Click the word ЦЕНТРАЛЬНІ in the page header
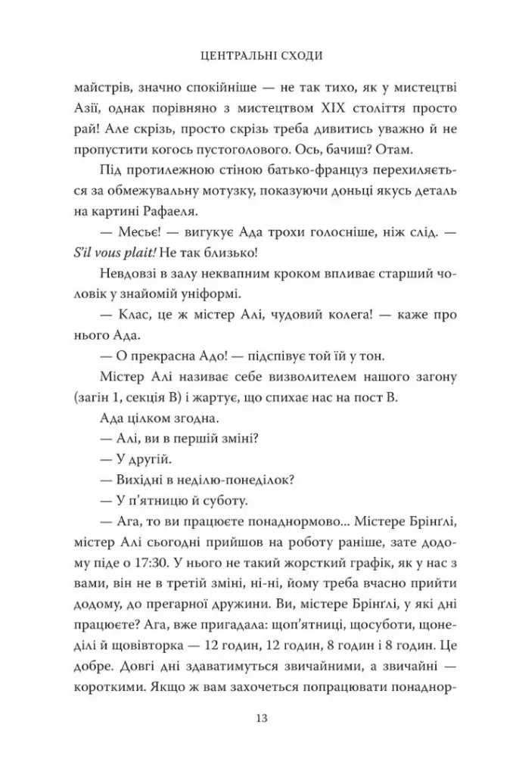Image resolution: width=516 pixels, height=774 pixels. (x=231, y=55)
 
